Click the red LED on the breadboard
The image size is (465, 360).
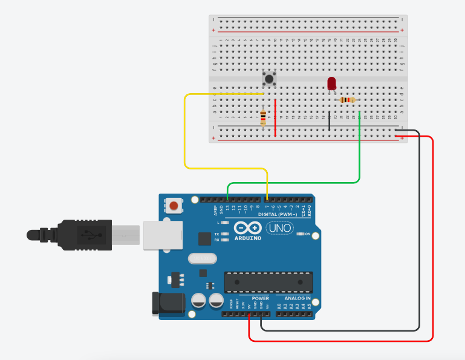tap(331, 83)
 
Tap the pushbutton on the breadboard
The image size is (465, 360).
tap(268, 79)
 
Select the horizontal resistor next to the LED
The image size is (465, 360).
tap(347, 100)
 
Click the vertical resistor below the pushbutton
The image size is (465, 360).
tap(263, 117)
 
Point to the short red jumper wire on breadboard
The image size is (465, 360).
tap(275, 118)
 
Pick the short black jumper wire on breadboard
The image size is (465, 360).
tap(330, 120)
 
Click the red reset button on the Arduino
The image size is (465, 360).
tap(174, 206)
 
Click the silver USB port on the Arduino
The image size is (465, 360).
tap(162, 235)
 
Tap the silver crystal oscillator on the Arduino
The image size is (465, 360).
tap(201, 258)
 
